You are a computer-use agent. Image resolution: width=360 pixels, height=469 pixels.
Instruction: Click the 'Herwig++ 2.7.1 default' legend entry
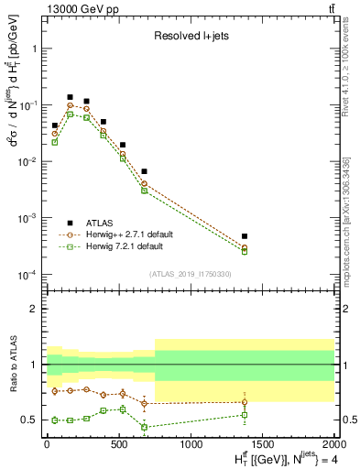(x=134, y=234)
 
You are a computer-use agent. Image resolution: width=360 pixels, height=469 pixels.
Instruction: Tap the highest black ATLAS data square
(x=70, y=97)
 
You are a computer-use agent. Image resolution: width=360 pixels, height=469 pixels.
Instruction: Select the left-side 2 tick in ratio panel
(x=34, y=309)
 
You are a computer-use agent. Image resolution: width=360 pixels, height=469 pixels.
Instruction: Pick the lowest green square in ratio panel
(x=144, y=427)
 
